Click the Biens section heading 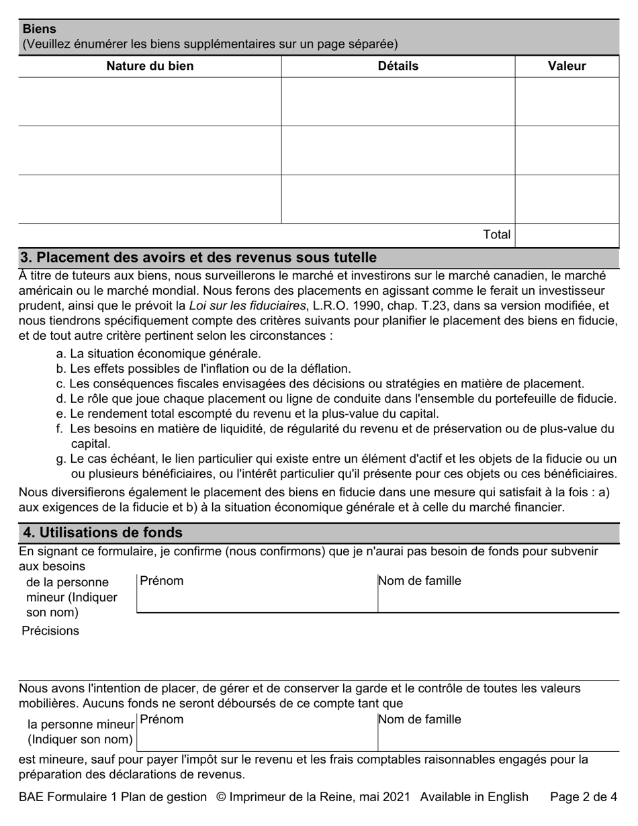(x=40, y=29)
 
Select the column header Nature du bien (x=150, y=66)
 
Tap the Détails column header (x=398, y=66)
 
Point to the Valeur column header (x=566, y=66)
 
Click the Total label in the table (x=496, y=234)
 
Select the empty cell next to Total (x=566, y=235)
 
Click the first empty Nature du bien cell (x=150, y=101)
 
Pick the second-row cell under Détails (x=398, y=150)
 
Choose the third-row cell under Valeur (x=566, y=199)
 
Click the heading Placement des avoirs (x=199, y=258)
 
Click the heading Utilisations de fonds (x=102, y=533)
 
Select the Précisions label (x=50, y=631)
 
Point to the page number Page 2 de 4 (x=583, y=797)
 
